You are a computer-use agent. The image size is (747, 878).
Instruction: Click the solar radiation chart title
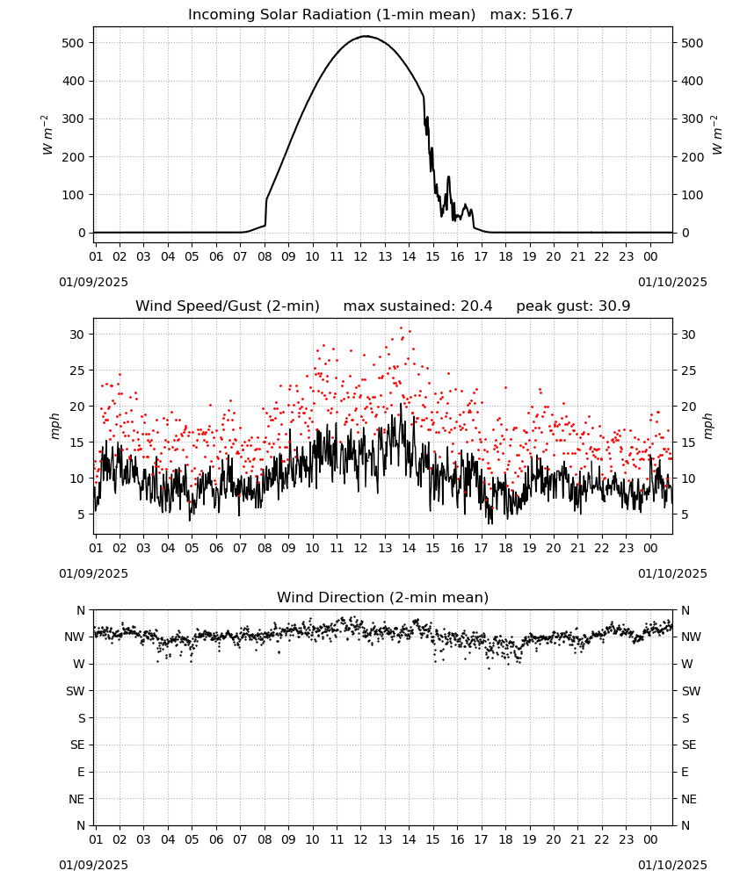(x=381, y=15)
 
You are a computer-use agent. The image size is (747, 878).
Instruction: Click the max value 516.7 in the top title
(x=552, y=15)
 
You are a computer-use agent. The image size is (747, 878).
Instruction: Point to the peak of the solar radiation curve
(x=366, y=36)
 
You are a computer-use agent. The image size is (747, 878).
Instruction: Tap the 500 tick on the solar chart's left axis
(x=74, y=43)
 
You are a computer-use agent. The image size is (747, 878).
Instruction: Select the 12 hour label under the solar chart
(x=360, y=256)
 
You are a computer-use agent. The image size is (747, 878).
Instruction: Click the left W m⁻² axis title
(x=47, y=135)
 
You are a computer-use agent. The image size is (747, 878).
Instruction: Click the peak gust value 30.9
(x=609, y=306)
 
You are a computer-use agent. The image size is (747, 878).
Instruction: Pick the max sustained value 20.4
(x=476, y=306)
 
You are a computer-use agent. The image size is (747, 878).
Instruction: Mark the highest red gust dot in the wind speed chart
(x=401, y=327)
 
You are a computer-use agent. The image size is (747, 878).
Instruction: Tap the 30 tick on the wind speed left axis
(x=77, y=335)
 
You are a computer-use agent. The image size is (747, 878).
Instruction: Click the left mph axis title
(x=54, y=426)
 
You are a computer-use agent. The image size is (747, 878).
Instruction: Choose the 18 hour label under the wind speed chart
(x=505, y=548)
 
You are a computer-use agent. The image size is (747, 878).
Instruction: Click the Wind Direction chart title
(x=383, y=597)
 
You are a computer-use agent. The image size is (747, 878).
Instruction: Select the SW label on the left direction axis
(x=76, y=691)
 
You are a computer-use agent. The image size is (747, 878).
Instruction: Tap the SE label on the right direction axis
(x=689, y=745)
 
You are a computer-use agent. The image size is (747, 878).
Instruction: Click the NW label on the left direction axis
(x=75, y=637)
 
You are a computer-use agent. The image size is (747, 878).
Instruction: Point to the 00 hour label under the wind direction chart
(x=650, y=839)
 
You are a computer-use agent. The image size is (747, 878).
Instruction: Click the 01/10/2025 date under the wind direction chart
(x=672, y=865)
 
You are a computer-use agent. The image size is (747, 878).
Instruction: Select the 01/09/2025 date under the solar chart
(x=93, y=282)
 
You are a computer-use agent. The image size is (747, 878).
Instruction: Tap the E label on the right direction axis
(x=685, y=772)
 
